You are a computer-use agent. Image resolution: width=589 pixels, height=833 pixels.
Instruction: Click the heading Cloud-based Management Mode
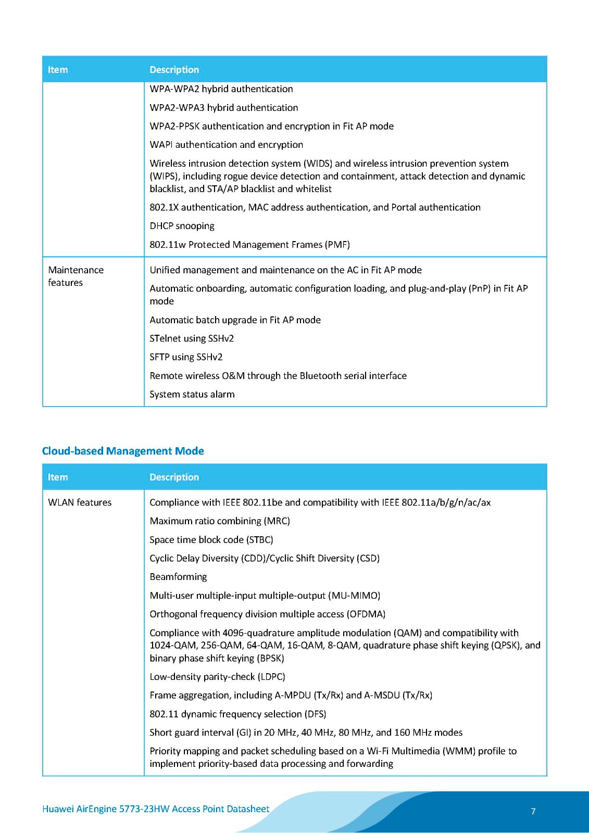pos(123,451)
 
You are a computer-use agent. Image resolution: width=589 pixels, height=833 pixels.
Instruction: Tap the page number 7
pos(533,811)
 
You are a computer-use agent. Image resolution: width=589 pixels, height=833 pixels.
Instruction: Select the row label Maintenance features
pos(76,276)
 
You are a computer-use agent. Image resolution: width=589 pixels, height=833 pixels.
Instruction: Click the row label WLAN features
pos(80,502)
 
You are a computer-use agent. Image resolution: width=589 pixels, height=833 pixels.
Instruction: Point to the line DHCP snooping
pos(182,226)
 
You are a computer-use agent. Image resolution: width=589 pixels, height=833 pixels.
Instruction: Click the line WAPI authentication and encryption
pos(226,145)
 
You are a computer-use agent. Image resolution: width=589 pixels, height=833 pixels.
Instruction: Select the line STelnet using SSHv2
pos(192,338)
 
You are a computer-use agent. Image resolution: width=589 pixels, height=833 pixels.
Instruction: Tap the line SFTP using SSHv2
pos(186,357)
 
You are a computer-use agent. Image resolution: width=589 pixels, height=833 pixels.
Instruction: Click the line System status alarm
pos(192,395)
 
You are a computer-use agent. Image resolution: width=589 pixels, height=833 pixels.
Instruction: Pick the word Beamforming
pos(178,577)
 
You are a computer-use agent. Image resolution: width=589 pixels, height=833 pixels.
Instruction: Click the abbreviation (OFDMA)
pos(366,614)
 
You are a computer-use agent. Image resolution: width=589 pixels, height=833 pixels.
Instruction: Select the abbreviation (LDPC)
pos(271,677)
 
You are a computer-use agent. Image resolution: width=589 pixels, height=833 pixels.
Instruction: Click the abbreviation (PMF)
pos(337,245)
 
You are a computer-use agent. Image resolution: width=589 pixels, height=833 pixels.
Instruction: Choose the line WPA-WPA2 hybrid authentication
pos(221,89)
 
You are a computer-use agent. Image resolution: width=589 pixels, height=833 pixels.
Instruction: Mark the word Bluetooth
pos(321,376)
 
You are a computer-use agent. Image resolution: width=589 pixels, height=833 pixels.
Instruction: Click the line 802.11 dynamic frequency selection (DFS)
pos(238,714)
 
